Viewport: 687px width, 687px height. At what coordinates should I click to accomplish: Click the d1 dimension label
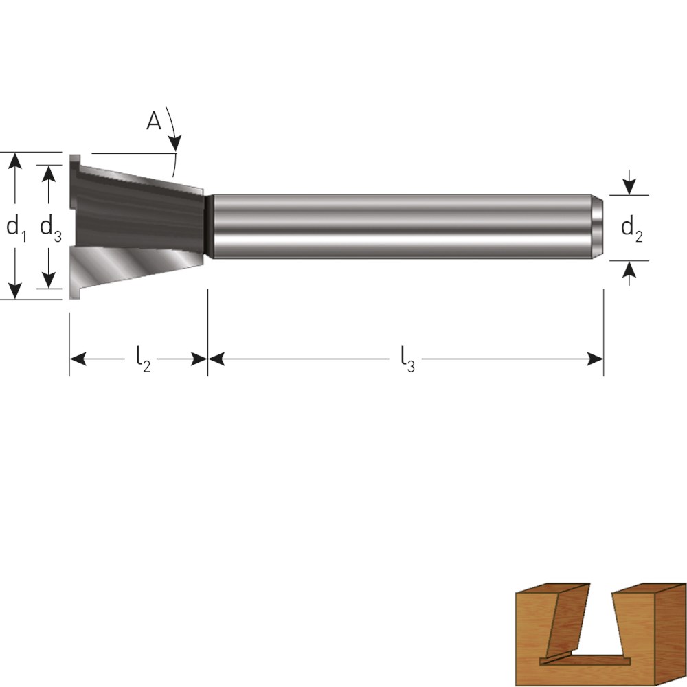16,229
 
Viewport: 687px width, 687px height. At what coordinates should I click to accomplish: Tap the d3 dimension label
51,229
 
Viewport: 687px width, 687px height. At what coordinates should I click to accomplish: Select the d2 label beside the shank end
632,229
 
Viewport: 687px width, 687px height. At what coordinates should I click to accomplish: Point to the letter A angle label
154,121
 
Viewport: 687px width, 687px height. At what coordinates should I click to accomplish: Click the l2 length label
143,359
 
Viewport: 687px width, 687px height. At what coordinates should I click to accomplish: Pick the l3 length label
407,359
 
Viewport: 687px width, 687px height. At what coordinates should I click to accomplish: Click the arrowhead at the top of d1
15,160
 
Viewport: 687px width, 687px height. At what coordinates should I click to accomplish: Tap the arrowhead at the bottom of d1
15,291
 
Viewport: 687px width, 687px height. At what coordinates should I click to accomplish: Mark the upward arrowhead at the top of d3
48,173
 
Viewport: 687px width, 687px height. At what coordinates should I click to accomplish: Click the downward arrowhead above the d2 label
629,188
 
